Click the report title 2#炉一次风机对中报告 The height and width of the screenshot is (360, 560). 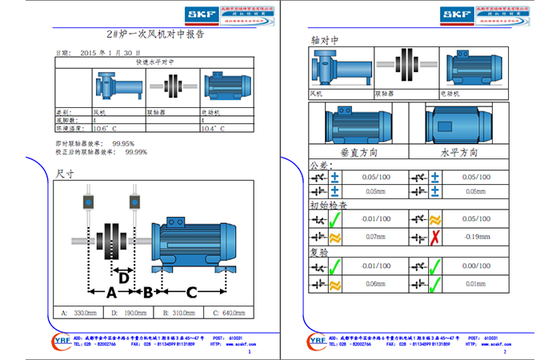pos(155,35)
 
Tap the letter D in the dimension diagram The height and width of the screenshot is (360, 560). pos(123,278)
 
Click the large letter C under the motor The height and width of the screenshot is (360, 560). pos(191,293)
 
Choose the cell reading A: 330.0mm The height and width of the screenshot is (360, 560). pos(80,312)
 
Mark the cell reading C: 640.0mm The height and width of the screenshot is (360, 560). pos(231,312)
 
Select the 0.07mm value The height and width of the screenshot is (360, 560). pos(375,237)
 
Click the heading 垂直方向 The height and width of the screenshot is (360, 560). pos(358,151)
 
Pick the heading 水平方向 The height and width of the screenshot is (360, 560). pos(459,151)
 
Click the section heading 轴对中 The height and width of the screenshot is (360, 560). pos(324,39)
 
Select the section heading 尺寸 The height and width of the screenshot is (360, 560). pos(65,173)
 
